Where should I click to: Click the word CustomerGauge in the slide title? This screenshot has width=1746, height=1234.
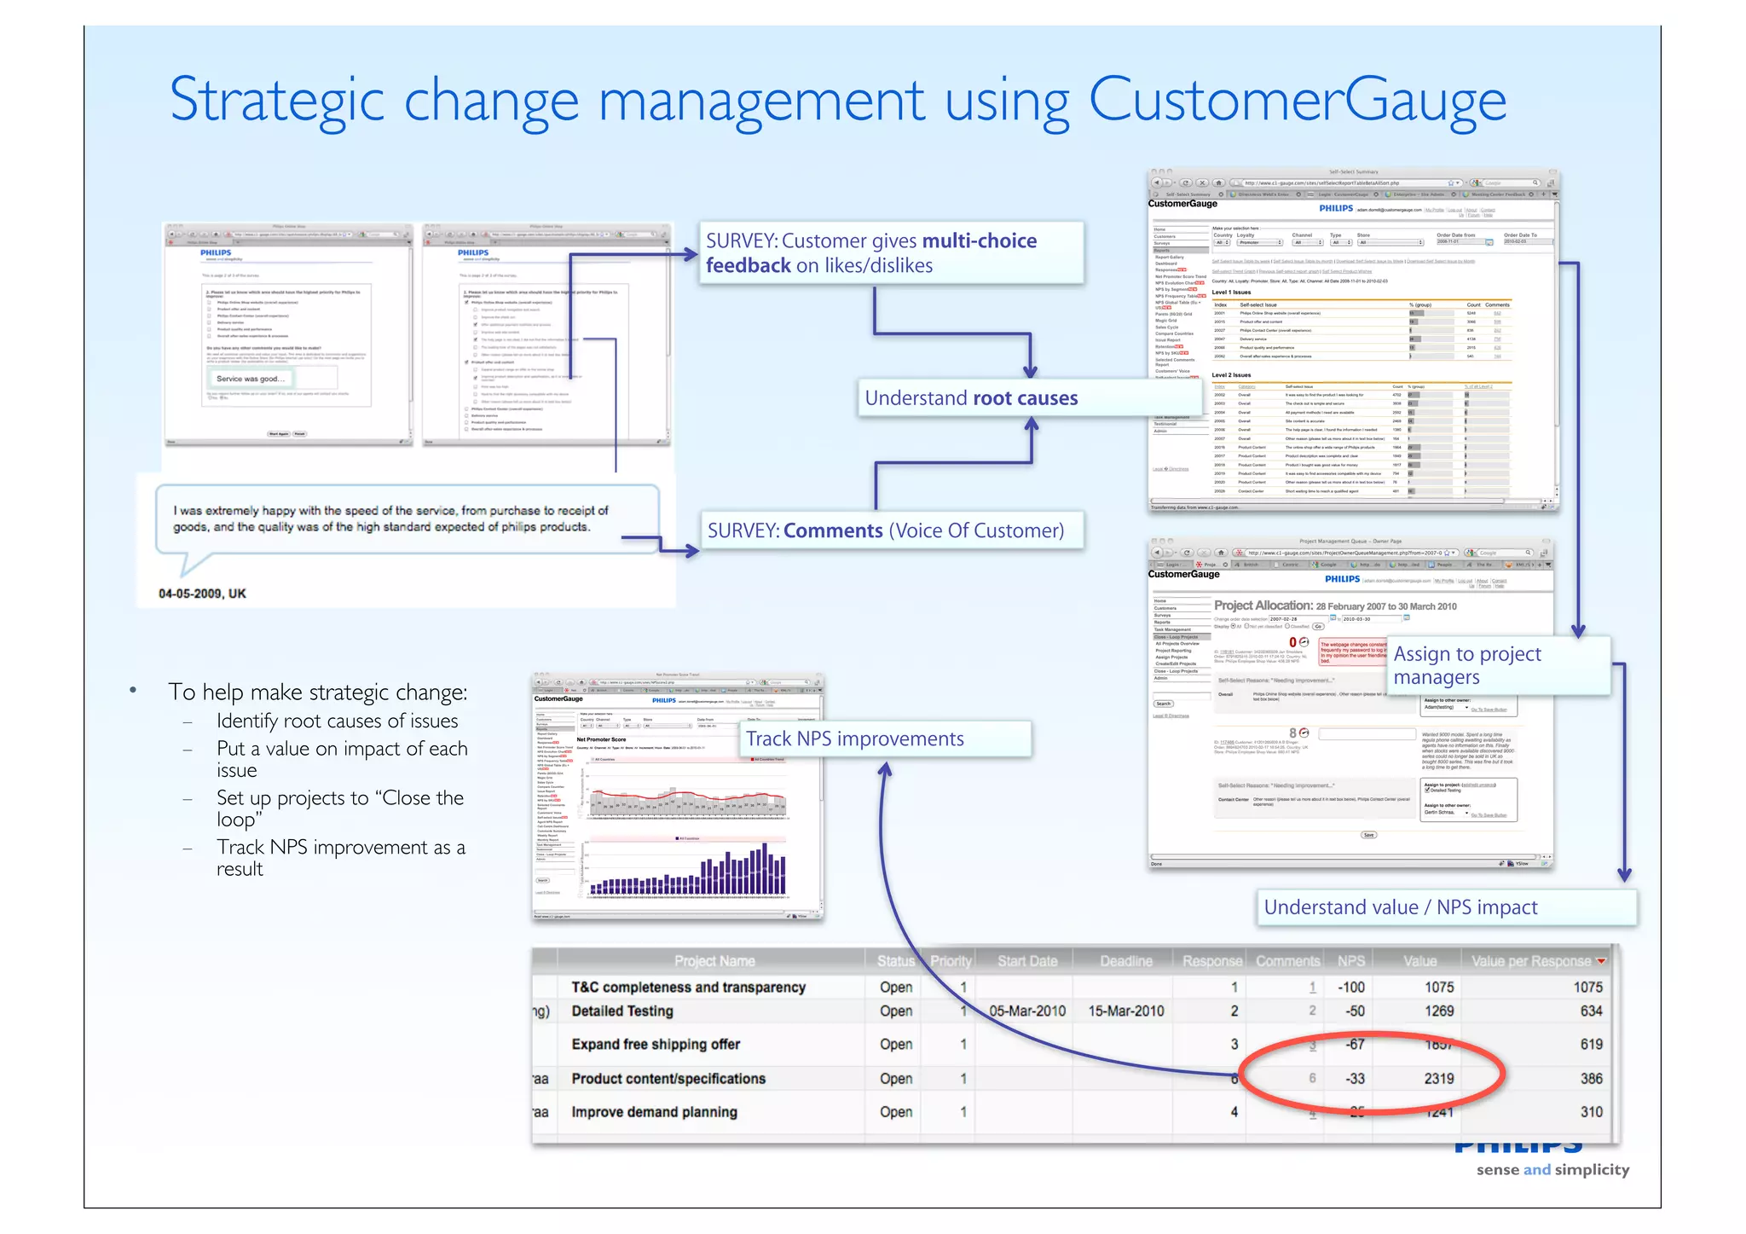tap(1297, 101)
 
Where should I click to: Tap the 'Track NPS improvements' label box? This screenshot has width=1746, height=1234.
tap(855, 739)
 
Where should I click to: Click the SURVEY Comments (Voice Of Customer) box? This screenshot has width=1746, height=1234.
tap(885, 530)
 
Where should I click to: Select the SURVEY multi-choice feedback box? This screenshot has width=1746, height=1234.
tap(871, 252)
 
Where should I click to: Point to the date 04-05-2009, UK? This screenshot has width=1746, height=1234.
tap(202, 594)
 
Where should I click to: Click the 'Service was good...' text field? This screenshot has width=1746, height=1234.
tap(250, 379)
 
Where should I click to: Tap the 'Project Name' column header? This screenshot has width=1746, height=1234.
tap(714, 961)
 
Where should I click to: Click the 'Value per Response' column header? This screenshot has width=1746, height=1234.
tap(1530, 961)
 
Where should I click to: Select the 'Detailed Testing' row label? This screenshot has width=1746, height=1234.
tap(622, 1011)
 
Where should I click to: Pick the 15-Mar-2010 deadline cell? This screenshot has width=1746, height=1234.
tap(1125, 1011)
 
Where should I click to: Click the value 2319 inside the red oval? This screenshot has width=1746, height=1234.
tap(1438, 1079)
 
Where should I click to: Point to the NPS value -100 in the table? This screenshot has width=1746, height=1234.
tap(1350, 987)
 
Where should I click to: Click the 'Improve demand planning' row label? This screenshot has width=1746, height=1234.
tap(654, 1112)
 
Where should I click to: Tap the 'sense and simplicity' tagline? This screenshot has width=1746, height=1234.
tap(1552, 1170)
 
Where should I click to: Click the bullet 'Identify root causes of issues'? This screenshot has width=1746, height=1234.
tap(337, 721)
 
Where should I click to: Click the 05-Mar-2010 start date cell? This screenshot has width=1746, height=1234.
tap(1026, 1011)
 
